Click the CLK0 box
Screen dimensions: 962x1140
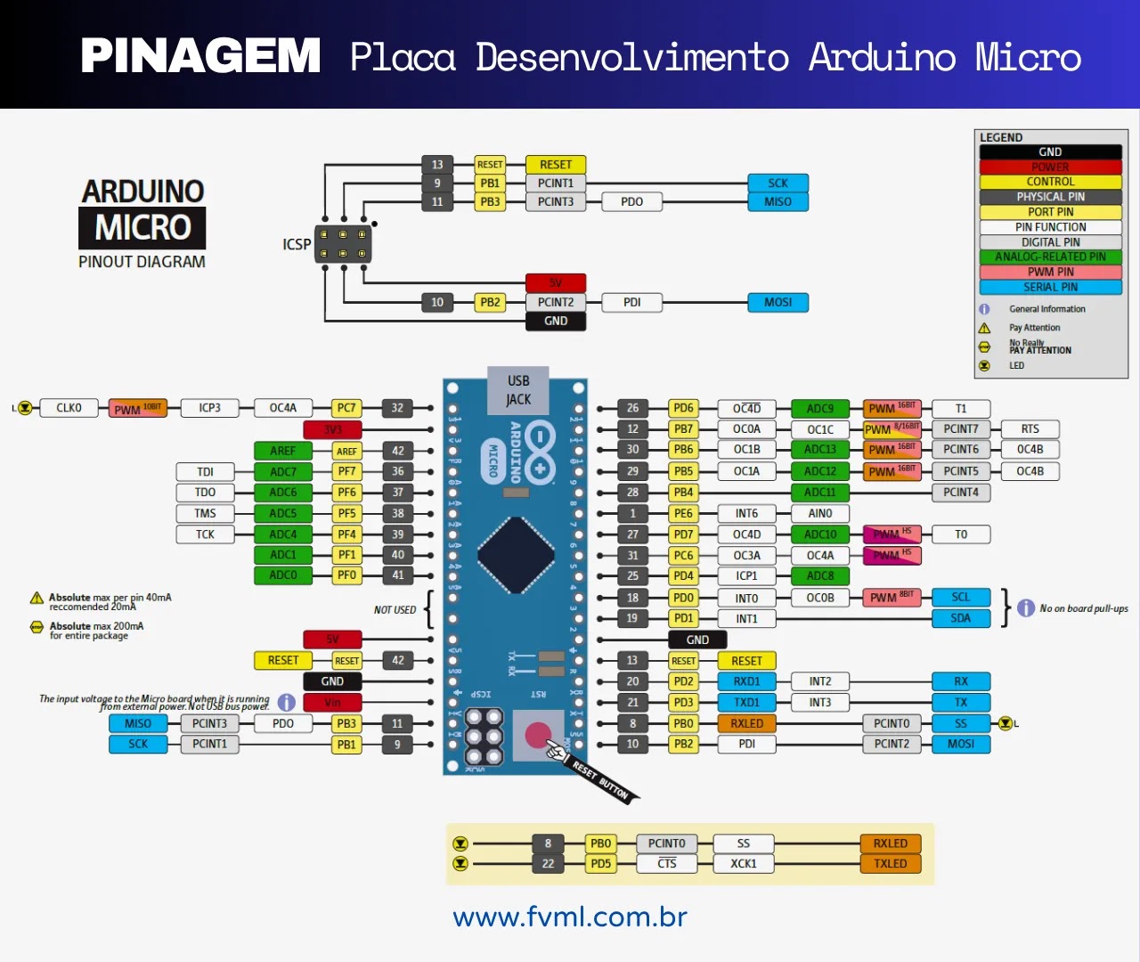click(69, 408)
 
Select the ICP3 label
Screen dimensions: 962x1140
click(209, 408)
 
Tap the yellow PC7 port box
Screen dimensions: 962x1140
click(346, 408)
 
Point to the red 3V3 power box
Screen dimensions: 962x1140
click(332, 429)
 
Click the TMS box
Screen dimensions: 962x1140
click(205, 513)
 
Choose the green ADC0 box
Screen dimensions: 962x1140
click(282, 575)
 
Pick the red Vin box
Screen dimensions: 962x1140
click(332, 702)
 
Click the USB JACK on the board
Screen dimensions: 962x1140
click(518, 390)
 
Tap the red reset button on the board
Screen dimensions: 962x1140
click(538, 735)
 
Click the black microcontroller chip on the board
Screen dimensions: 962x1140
click(516, 554)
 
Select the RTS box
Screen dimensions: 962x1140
click(1030, 428)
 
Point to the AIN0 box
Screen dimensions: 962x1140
click(819, 513)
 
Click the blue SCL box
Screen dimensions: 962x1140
click(960, 597)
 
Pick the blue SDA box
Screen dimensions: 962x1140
click(960, 618)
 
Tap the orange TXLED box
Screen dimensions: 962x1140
click(890, 863)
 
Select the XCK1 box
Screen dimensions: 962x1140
click(743, 863)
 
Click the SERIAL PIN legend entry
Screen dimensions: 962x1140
click(1050, 287)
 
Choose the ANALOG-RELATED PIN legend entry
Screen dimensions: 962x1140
click(1050, 257)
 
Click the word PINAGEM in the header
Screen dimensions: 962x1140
click(200, 56)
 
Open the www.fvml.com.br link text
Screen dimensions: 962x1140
click(570, 917)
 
